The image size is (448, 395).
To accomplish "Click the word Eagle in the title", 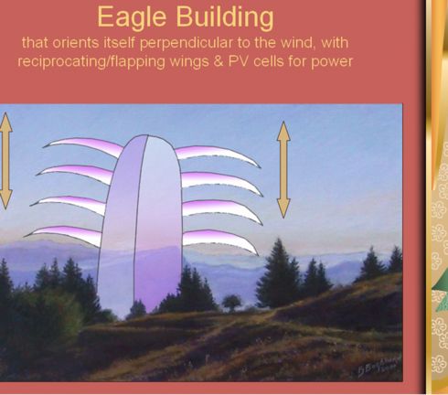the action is tap(132, 17).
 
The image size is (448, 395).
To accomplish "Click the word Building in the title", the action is tap(225, 16).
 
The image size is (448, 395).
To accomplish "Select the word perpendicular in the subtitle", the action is tap(187, 43).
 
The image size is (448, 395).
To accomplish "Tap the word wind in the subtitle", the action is tap(296, 43).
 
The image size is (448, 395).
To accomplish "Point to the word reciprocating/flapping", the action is tap(91, 61).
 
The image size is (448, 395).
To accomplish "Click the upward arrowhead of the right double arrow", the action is tap(283, 131).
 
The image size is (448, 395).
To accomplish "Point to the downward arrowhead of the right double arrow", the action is tap(283, 208).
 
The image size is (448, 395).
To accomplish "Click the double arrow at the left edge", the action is tap(5, 161).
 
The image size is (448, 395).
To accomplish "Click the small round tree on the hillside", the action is tap(231, 302).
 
